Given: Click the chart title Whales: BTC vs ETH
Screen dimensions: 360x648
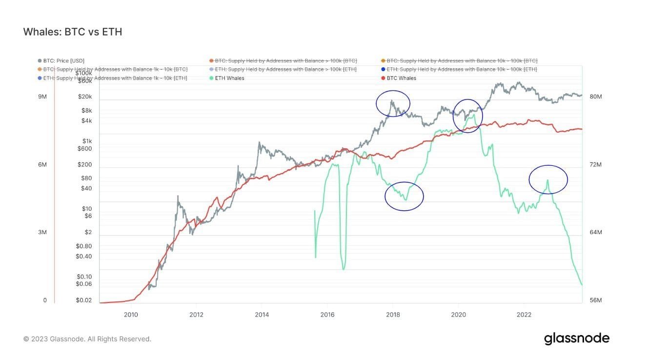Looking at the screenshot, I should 73,32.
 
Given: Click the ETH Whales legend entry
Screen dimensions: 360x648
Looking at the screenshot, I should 229,78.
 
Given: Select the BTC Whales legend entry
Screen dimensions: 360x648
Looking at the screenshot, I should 401,78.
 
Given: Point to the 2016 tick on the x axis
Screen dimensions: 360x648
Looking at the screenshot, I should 327,314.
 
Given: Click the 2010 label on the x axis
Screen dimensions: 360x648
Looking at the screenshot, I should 131,314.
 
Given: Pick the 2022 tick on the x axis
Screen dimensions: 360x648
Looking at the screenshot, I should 524,314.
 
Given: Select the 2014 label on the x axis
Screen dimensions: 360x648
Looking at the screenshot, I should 262,314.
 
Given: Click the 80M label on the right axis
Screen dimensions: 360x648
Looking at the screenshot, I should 596,97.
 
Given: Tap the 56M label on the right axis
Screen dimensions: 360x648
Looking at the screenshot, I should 596,300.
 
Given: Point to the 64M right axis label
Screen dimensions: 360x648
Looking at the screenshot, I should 596,232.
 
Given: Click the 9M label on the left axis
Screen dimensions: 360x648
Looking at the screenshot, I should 42,97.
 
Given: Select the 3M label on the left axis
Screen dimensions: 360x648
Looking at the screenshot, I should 42,232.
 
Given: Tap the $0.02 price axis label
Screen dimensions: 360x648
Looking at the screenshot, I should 84,300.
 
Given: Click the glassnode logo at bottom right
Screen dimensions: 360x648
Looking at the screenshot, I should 577,339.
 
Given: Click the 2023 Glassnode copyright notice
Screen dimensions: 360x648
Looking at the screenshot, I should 87,339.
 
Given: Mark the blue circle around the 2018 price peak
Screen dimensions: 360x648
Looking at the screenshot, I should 393,103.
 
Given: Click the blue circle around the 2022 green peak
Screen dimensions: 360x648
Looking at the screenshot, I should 548,180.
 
